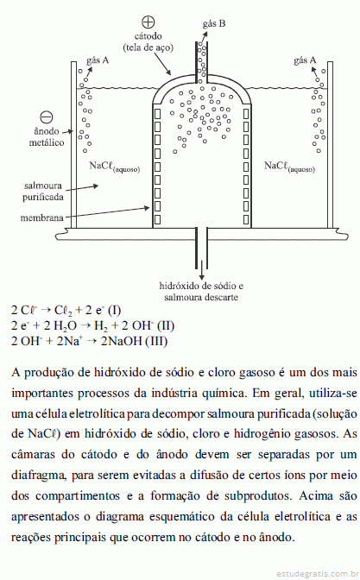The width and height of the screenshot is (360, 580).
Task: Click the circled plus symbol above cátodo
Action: pos(148,22)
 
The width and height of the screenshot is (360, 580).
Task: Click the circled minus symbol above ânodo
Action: pos(47,117)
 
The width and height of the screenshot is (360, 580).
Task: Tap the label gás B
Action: pos(214,24)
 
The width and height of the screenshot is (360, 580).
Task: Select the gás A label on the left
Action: pos(98,60)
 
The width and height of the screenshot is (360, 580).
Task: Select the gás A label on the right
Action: pos(305,60)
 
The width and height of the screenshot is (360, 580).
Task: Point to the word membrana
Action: pos(41,217)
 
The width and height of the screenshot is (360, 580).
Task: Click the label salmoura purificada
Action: pos(43,192)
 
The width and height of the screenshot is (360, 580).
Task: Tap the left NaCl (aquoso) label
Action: pos(115,167)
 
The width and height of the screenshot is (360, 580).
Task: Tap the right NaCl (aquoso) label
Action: pos(289,167)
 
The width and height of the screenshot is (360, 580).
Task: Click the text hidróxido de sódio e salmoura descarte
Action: pos(201,292)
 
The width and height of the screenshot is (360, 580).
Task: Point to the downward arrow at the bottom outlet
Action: pos(201,269)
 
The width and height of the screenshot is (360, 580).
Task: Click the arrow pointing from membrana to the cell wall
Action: pos(107,213)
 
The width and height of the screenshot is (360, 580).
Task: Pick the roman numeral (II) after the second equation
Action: pos(166,325)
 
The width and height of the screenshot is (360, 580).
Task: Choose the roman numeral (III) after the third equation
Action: pos(156,341)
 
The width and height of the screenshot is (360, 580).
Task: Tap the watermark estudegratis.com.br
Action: pos(319,574)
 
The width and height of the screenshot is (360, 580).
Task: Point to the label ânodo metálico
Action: pos(47,137)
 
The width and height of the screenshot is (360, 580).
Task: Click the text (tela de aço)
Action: pos(148,47)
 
